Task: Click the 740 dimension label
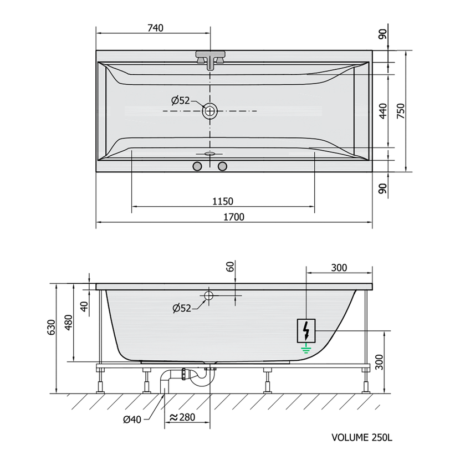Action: (155, 28)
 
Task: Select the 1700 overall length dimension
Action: (234, 217)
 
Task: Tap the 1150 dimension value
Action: (223, 202)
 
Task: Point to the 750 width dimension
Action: (401, 111)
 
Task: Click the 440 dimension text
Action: (383, 111)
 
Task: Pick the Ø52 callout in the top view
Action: (181, 101)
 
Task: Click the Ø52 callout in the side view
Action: (182, 308)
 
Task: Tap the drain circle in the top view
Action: (209, 111)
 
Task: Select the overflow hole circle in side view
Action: (208, 295)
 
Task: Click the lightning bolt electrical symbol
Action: (306, 331)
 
